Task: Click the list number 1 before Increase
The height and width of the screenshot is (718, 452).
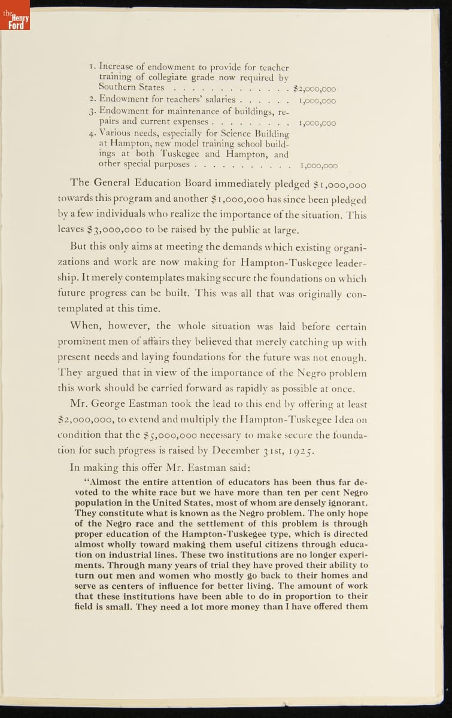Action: tap(90, 68)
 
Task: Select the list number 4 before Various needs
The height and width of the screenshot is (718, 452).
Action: tap(90, 133)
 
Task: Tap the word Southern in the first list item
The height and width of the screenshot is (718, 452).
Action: tap(118, 87)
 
